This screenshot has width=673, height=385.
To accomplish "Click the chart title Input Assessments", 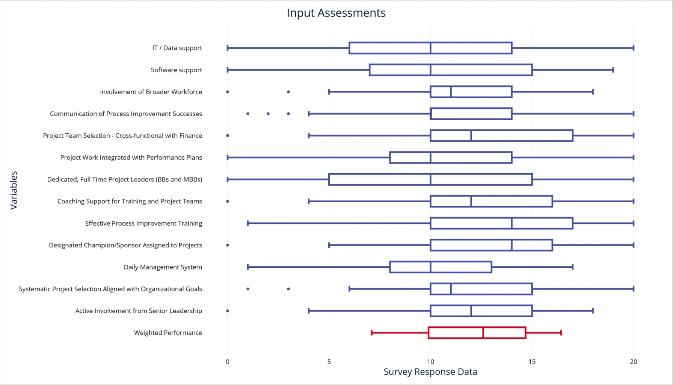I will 336,13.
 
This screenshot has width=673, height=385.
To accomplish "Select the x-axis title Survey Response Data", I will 430,372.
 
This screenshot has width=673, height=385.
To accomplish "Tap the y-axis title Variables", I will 14,190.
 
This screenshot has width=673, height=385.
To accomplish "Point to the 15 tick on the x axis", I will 532,362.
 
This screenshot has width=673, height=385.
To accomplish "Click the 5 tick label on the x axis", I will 329,362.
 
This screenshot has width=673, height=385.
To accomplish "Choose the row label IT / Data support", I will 177,48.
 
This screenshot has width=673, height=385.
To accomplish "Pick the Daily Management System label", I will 163,267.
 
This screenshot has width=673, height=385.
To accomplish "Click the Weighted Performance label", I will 168,333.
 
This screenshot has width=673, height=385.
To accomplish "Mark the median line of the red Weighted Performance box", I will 483,333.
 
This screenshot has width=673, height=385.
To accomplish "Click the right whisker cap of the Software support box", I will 613,70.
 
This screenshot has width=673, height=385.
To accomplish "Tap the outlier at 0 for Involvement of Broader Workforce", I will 228,92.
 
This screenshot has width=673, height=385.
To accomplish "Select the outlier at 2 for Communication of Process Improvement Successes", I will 268,114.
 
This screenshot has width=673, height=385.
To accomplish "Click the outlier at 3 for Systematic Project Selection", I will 288,289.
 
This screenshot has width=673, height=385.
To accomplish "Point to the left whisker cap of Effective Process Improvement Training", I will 248,223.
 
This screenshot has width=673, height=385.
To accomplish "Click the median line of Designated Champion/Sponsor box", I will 512,245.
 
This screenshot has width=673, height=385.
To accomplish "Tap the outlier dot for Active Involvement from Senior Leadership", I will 228,311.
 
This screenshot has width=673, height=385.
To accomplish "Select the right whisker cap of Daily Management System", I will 572,267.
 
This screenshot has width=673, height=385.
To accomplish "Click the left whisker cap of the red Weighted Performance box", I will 372,333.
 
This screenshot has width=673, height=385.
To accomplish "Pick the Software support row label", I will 176,70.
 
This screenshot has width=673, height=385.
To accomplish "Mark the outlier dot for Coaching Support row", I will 228,202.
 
